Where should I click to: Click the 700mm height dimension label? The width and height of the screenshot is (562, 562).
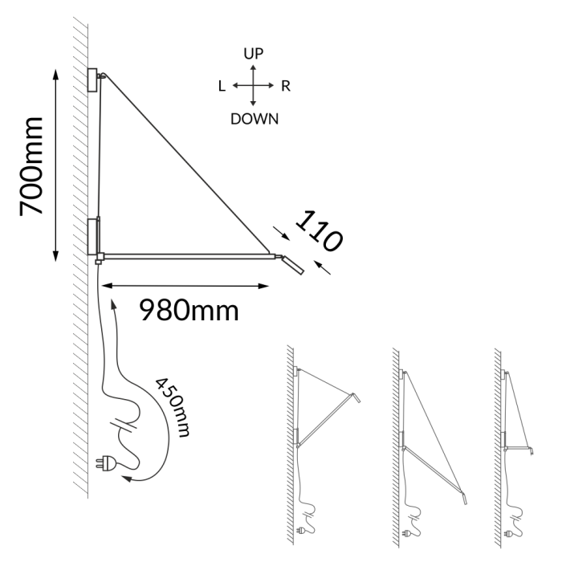coord(31,166)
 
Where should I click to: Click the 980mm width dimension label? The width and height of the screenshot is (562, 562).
coord(189,311)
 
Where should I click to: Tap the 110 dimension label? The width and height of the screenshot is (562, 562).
coord(319,231)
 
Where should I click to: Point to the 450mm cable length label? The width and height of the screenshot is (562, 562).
coord(173,408)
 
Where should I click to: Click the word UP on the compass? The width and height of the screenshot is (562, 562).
coord(254,54)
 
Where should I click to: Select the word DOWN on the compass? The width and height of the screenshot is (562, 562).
coord(255,119)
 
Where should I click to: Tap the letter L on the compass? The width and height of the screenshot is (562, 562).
coord(222,87)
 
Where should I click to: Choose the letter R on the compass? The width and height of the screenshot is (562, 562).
coord(285,87)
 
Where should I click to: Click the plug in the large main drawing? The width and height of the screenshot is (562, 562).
coord(105,463)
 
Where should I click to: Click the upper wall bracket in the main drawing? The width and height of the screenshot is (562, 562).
coord(92,79)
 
